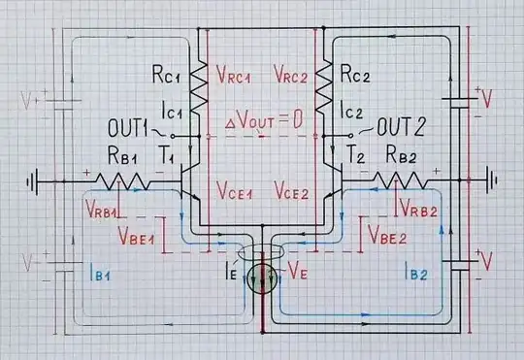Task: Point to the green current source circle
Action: pos(263,278)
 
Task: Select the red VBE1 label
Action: pos(140,236)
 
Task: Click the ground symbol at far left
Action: pos(36,180)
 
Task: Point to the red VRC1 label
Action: pos(234,74)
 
